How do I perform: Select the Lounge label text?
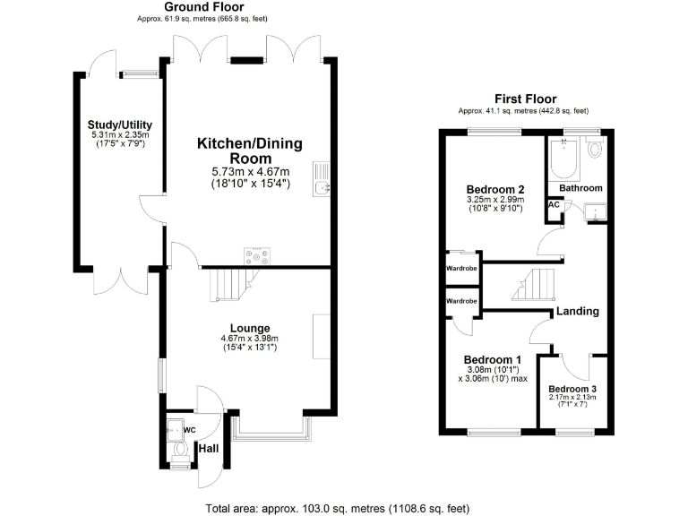click(x=250, y=328)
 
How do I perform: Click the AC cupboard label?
click(x=554, y=205)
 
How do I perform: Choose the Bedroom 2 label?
click(x=495, y=189)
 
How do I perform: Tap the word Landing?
click(x=577, y=312)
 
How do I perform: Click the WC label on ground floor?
click(x=189, y=430)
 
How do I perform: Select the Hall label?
click(x=208, y=448)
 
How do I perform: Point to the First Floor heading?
click(x=525, y=99)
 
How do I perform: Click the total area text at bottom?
click(x=337, y=508)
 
